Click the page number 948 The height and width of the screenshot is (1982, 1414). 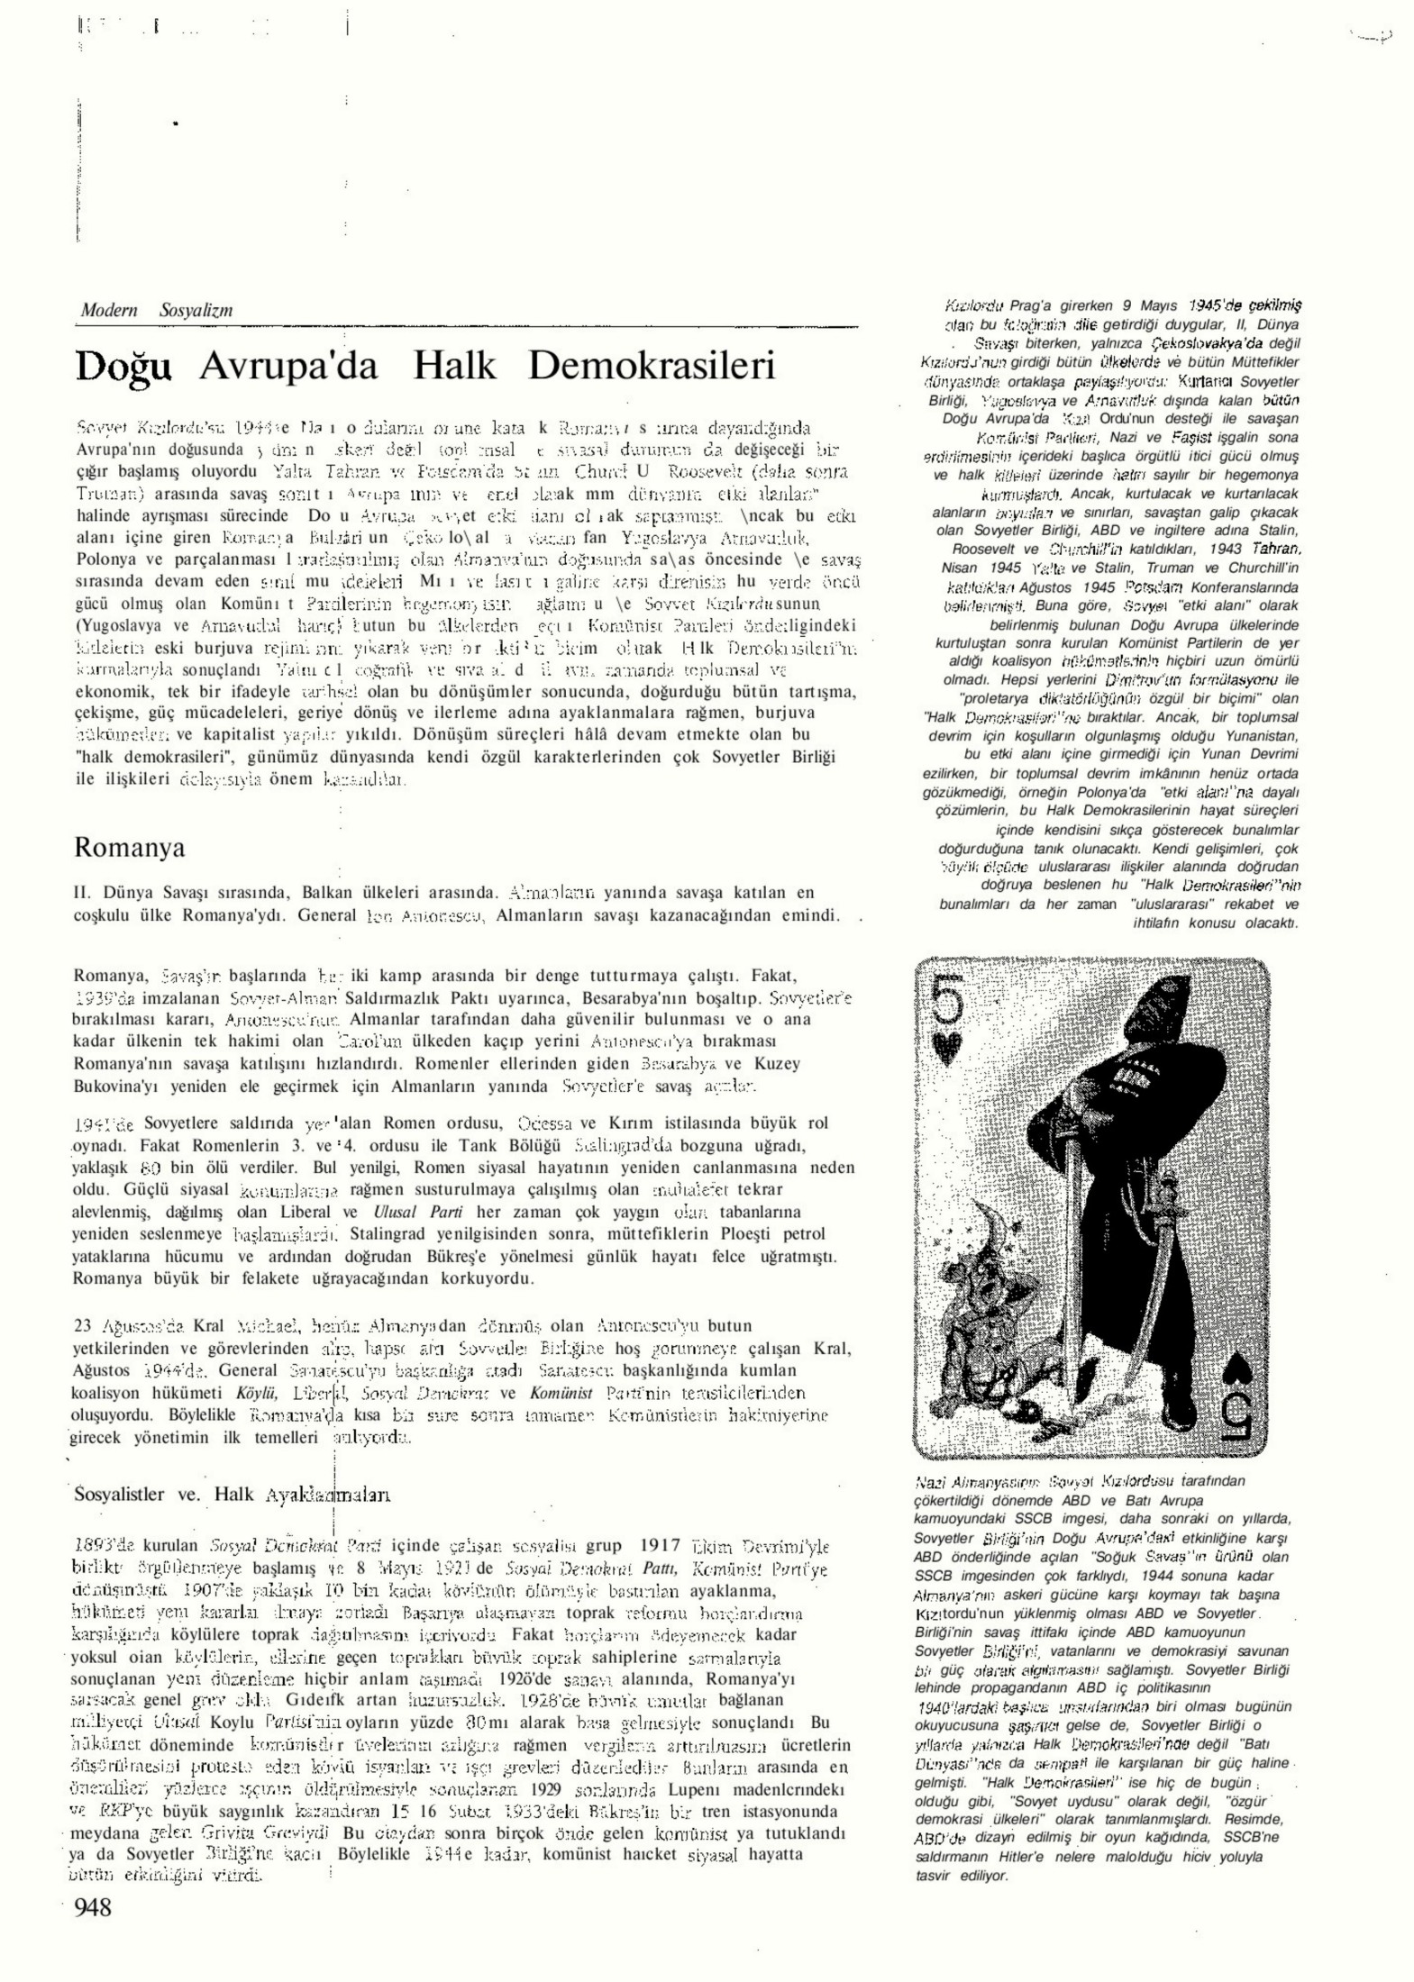93,1906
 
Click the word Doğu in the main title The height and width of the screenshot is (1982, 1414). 123,366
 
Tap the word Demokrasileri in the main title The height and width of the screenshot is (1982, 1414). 651,366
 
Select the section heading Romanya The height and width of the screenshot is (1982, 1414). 129,847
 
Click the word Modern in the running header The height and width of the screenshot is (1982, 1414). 108,310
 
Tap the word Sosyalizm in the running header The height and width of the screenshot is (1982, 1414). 196,310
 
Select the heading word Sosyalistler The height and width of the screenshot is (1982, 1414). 118,1494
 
